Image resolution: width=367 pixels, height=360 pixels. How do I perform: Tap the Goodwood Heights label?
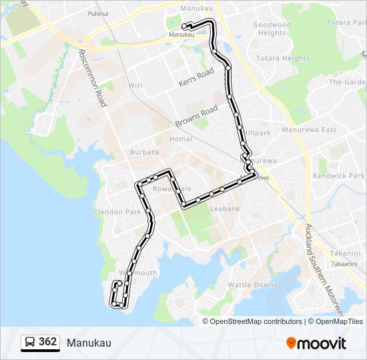pos(272,29)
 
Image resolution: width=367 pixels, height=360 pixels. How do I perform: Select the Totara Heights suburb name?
pos(286,59)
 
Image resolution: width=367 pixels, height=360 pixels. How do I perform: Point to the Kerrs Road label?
pos(196,77)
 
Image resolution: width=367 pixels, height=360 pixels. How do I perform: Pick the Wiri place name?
pos(135,85)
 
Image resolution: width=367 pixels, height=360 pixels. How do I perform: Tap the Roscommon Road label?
pos(93,78)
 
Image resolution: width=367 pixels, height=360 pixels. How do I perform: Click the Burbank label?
pos(145,152)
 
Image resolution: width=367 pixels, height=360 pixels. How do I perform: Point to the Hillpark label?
pos(257,133)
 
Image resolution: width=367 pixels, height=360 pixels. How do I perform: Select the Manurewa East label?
pos(310,130)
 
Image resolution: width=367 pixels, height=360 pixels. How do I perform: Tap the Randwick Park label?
pos(338,176)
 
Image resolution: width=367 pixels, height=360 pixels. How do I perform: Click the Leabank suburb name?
pos(225,209)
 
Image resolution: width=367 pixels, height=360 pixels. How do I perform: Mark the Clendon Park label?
pos(117,211)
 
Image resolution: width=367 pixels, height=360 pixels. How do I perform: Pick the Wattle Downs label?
pos(253,285)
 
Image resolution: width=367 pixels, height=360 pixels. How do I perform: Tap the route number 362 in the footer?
pos(48,342)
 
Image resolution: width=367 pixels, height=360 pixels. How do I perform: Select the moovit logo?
pos(316,343)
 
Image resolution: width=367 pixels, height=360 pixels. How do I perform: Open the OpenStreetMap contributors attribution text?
pos(256,321)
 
